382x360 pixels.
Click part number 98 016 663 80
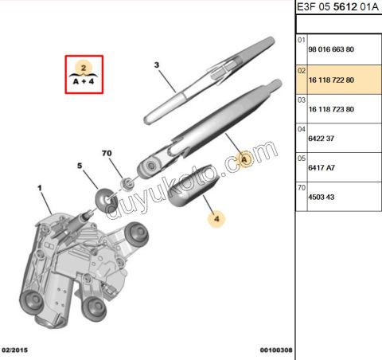(331, 49)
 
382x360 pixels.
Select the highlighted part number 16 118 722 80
(331, 80)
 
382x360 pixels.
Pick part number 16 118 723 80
(331, 109)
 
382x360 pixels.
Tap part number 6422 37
(321, 139)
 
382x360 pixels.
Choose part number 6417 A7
(322, 168)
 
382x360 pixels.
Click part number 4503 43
(321, 197)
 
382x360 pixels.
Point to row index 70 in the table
(302, 188)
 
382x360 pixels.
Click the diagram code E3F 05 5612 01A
(337, 7)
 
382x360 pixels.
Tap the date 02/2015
(14, 350)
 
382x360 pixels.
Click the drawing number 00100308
(276, 350)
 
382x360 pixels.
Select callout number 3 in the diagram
(157, 65)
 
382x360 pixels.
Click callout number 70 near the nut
(107, 153)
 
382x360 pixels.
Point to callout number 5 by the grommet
(80, 166)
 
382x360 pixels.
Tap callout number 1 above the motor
(40, 188)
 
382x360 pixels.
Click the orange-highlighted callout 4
(216, 219)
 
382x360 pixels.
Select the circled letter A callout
(244, 159)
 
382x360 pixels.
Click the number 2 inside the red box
(84, 68)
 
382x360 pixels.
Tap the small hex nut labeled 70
(127, 183)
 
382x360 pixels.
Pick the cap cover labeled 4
(193, 186)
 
